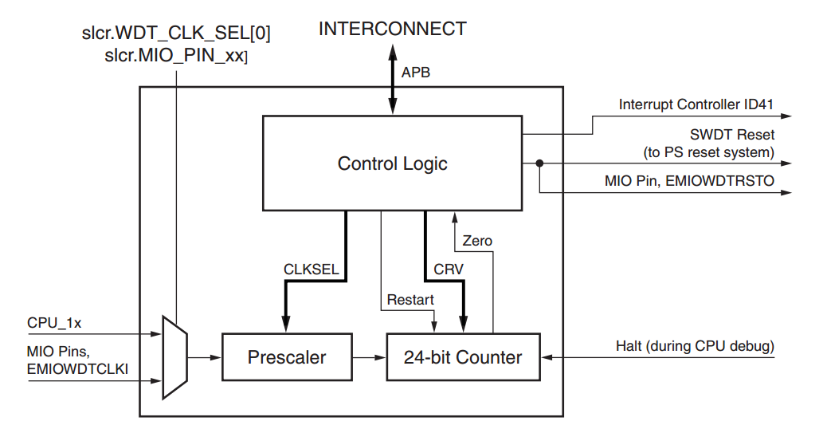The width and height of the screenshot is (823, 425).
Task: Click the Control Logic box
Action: pos(392,163)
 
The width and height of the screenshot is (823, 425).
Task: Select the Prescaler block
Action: pos(286,356)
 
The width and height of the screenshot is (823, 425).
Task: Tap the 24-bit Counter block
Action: pos(463,356)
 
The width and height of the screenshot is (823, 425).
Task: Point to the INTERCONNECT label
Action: pos(392,30)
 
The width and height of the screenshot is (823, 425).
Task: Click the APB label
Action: pos(417,73)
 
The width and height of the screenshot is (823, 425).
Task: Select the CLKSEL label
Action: pos(312,270)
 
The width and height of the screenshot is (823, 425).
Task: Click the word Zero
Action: pos(477,241)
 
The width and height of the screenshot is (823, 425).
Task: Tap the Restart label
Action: pos(410,300)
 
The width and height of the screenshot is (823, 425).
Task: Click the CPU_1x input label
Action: pos(54,323)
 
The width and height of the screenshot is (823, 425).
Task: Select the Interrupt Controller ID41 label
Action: pos(696,104)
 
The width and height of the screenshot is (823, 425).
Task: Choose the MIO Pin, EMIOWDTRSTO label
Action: pos(689,182)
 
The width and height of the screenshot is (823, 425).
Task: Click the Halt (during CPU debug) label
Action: pos(695,346)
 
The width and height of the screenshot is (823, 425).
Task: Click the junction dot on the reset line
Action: pos(539,163)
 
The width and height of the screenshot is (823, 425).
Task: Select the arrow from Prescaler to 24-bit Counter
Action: pos(368,356)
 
